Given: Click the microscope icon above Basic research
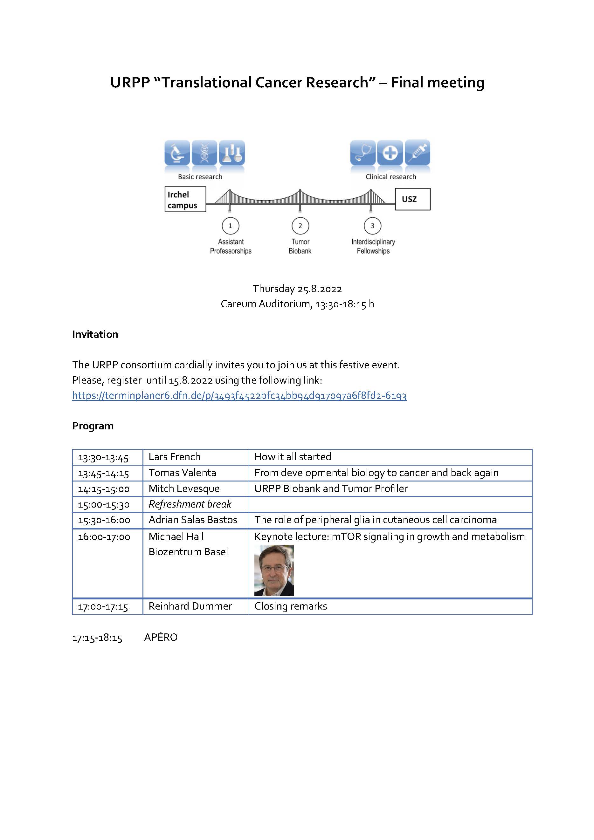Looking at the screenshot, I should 177,153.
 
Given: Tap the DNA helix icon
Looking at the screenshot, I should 204,153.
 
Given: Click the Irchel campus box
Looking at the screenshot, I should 185,199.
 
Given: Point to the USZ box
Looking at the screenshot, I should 412,199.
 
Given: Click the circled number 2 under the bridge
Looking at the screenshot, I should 300,226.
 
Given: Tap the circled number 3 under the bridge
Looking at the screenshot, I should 372,226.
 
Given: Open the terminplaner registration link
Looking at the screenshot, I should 239,395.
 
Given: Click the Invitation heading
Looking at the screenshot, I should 95,334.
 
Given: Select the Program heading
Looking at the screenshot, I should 93,426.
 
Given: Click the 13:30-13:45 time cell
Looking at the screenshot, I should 103,457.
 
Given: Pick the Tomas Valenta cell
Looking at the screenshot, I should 182,473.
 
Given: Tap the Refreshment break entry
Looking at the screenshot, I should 190,504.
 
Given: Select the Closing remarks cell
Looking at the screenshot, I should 291,606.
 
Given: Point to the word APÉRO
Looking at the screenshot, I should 161,637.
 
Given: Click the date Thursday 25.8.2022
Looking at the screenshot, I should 297,289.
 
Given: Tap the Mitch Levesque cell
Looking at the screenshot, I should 184,488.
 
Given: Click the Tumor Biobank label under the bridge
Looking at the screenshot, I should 300,246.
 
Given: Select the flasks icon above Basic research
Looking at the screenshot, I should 232,153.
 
